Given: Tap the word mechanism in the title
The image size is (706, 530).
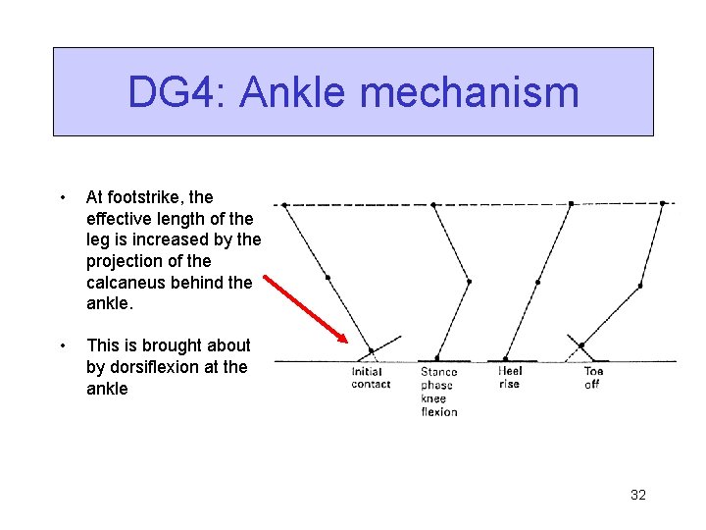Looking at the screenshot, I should (470, 93).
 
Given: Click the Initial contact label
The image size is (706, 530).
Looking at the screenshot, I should (371, 378).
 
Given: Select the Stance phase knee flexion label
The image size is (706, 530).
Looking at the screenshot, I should (438, 392).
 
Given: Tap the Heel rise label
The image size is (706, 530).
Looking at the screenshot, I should (510, 378).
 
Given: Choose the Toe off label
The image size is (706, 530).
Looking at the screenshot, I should (593, 378).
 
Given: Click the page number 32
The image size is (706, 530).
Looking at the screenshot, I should (637, 495).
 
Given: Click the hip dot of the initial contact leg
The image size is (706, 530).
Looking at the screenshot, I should (284, 205).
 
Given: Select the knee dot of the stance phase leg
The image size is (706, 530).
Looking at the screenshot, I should (469, 282).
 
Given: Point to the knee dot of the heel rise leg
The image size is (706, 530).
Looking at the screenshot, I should (537, 282).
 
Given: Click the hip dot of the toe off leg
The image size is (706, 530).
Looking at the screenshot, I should (663, 203).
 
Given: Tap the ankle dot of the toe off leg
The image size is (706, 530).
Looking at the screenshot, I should (581, 345).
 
